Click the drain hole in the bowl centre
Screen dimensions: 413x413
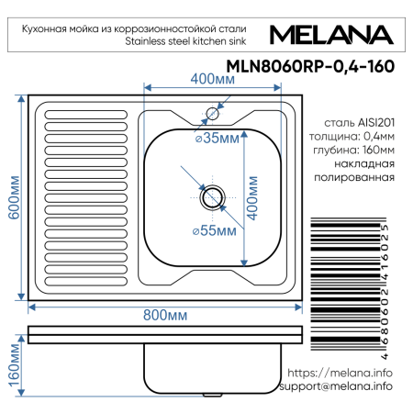point(212,195)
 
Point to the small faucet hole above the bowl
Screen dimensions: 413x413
point(212,114)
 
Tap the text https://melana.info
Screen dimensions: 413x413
point(340,373)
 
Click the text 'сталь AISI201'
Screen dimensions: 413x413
point(360,121)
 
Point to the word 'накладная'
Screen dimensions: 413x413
point(365,163)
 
